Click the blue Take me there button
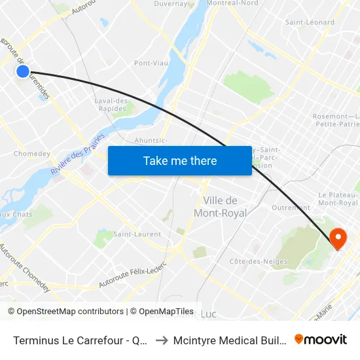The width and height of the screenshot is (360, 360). [x=179, y=160]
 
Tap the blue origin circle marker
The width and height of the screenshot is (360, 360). [x=22, y=71]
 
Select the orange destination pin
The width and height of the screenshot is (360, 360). [x=338, y=238]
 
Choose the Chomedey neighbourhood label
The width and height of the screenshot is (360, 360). [x=31, y=154]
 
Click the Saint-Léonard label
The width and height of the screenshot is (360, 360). [x=310, y=22]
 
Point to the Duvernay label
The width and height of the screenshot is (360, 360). [x=171, y=4]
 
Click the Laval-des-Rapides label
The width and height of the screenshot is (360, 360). [x=113, y=105]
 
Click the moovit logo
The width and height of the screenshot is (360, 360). [x=320, y=339]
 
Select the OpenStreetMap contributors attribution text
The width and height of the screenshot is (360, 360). [x=65, y=312]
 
